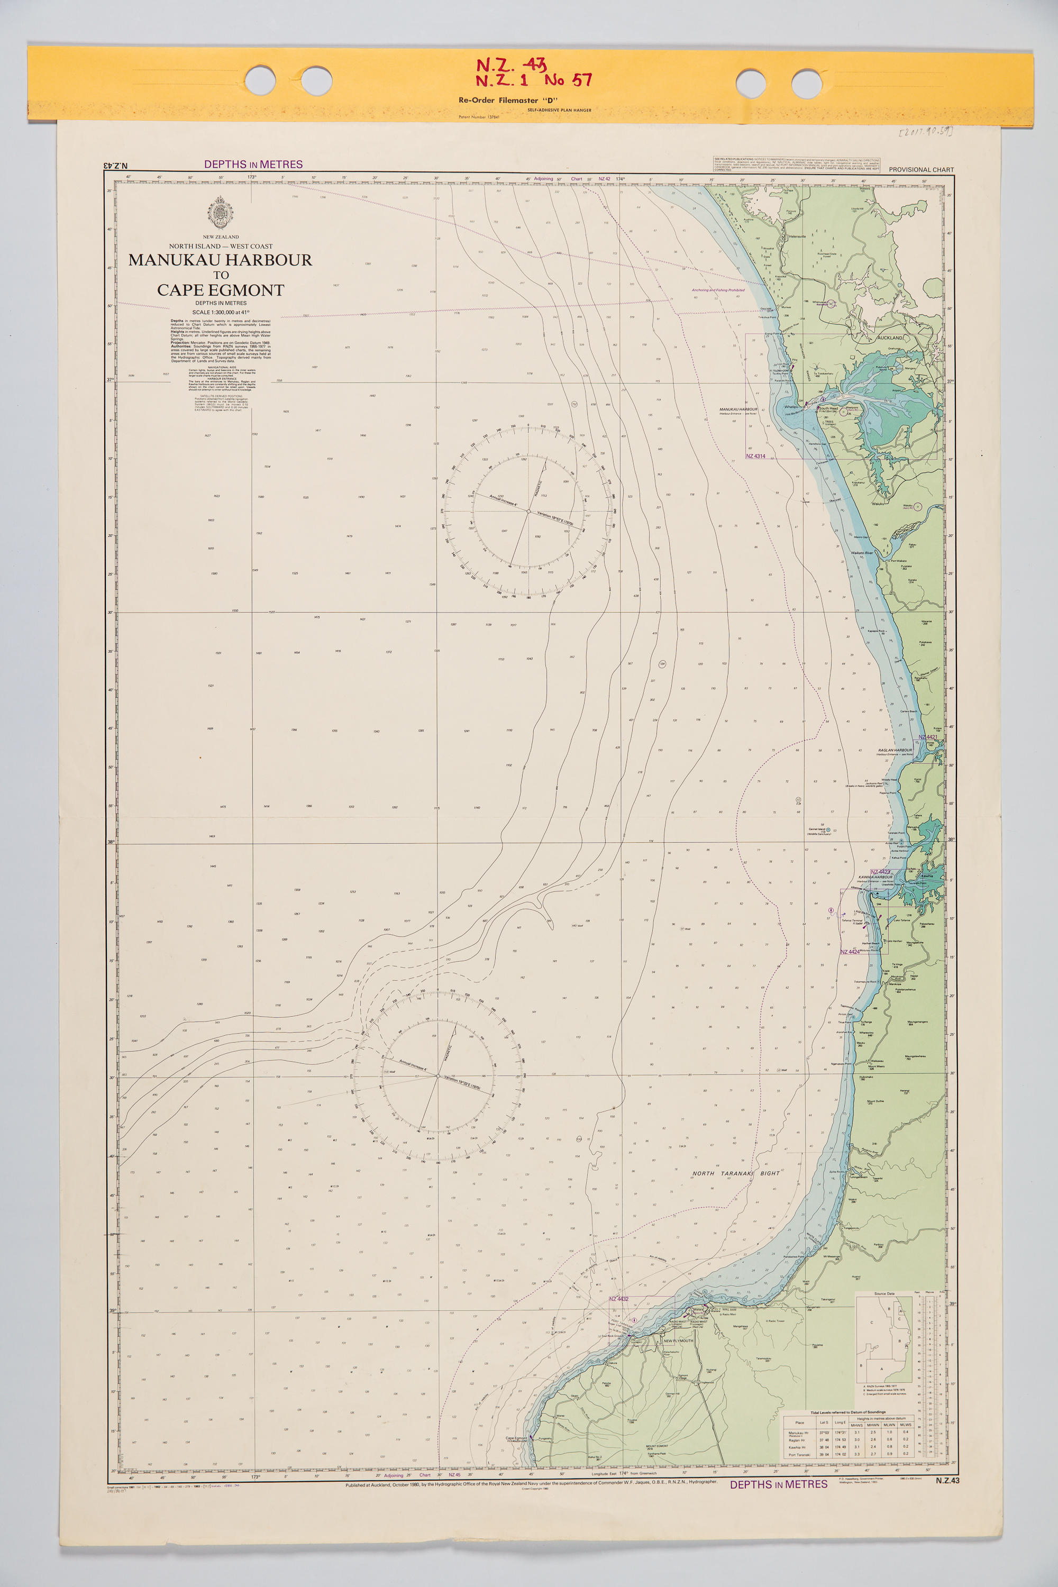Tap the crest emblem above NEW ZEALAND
tap(221, 213)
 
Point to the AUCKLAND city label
tap(889, 338)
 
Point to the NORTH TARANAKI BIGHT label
tap(735, 1173)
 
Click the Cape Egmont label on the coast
tap(516, 1438)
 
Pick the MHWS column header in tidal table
tap(857, 1425)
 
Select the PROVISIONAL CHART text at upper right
tap(921, 170)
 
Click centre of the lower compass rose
tap(437, 1076)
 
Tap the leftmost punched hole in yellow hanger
tap(260, 81)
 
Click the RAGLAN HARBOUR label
tap(895, 750)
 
